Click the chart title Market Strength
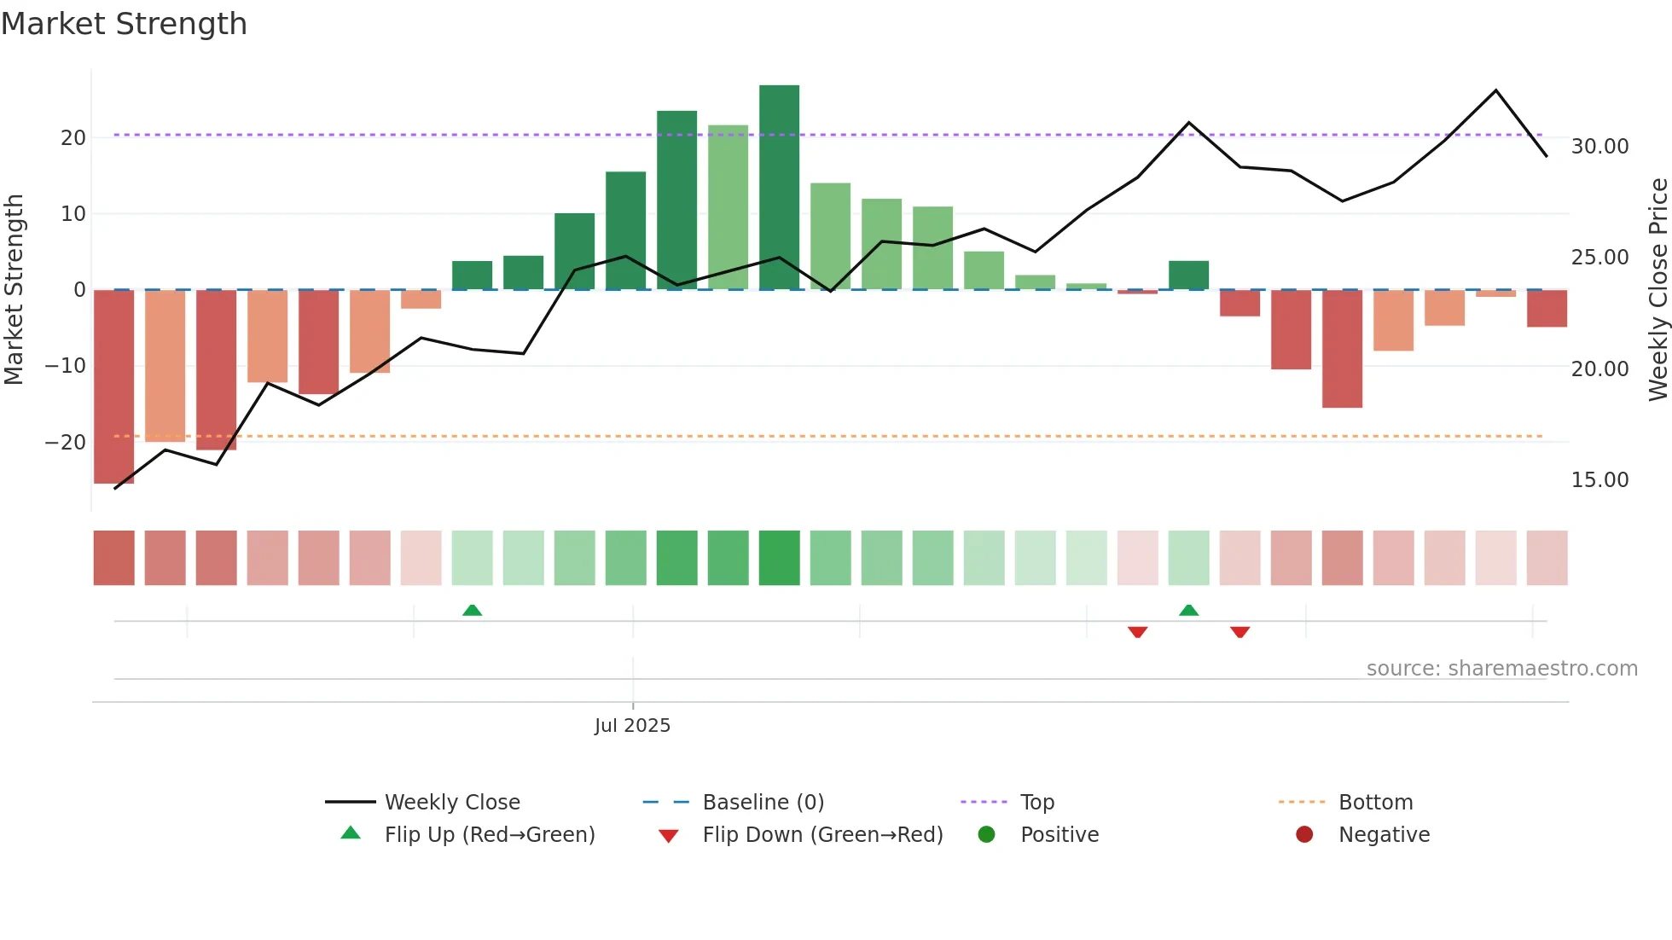point(124,24)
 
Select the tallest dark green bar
point(779,188)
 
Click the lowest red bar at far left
point(113,386)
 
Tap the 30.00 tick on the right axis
point(1599,147)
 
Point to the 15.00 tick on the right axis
point(1599,480)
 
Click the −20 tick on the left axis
point(66,443)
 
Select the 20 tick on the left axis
point(73,138)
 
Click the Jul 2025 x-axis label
point(632,726)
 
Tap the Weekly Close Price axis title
point(1657,290)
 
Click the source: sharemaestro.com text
point(1501,669)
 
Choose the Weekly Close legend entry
point(451,803)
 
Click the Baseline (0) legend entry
point(763,803)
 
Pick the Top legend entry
point(1036,803)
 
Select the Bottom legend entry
point(1375,803)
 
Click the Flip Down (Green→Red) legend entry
point(821,835)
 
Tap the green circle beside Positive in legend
point(986,835)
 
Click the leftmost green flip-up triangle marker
point(472,610)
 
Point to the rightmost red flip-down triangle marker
point(1239,632)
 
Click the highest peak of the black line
point(1495,90)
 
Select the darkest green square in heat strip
point(779,558)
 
